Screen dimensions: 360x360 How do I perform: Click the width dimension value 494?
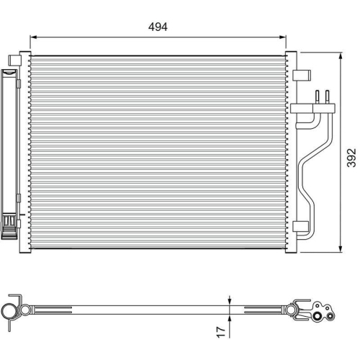coord(158,27)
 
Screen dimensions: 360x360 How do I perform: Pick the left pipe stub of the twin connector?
coord(317,96)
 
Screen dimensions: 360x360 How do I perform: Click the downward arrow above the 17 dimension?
coord(229,301)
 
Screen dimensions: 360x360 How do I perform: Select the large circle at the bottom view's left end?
coord(9,310)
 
